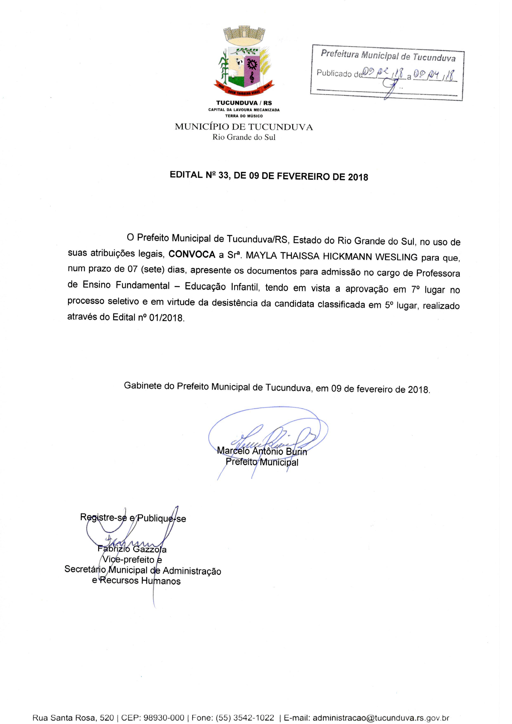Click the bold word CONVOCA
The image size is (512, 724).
[x=192, y=255]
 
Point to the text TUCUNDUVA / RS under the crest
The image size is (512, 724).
[x=244, y=103]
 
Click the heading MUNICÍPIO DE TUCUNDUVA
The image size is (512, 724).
[x=244, y=127]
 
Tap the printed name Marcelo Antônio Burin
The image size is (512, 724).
[x=262, y=451]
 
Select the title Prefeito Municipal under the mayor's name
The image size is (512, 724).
[x=262, y=462]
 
